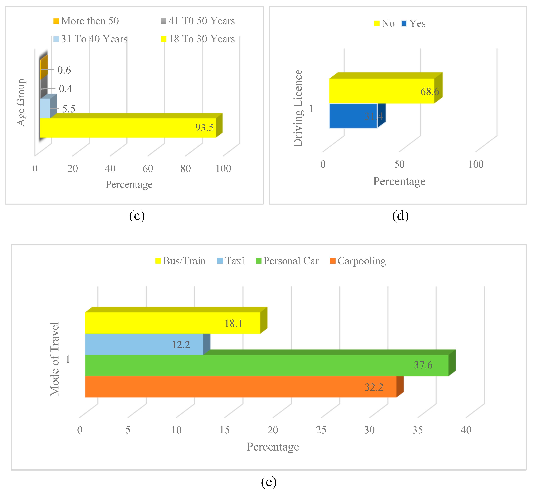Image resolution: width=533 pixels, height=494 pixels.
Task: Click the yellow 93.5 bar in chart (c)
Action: pos(128,128)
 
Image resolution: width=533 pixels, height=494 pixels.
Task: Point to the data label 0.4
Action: pos(65,89)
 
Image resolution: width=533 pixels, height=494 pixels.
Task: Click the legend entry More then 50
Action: pos(86,21)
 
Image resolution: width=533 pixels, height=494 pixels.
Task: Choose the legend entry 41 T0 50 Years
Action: pos(198,21)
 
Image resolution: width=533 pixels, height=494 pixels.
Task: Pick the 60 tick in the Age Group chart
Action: pos(148,169)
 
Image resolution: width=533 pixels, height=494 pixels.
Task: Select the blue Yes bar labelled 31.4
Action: pos(353,116)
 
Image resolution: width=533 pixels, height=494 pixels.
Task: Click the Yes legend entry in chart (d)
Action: pos(413,24)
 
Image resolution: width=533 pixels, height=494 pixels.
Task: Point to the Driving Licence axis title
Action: pos(298,108)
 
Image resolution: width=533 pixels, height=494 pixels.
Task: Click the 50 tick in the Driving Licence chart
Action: pos(399,164)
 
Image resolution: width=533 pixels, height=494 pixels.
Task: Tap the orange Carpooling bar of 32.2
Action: pos(241,387)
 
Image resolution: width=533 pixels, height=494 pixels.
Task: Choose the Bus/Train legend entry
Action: pos(181,261)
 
